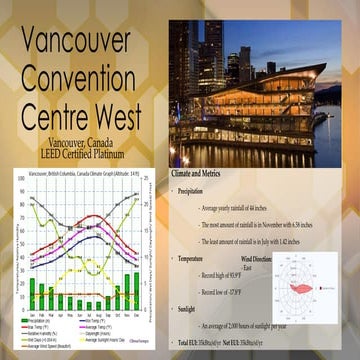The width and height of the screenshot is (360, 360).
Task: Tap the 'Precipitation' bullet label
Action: pyautogui.click(x=197, y=190)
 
